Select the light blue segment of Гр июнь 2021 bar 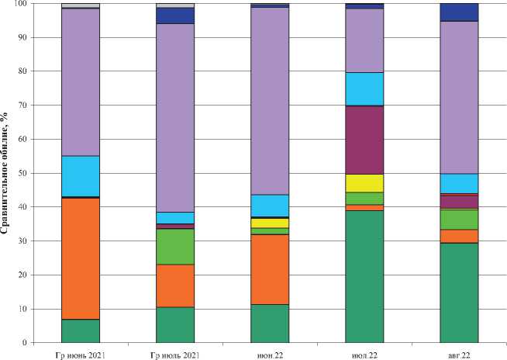(81, 176)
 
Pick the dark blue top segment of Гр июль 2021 (175, 16)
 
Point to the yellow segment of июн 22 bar (270, 223)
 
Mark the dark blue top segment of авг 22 (459, 12)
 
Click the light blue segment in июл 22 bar (364, 88)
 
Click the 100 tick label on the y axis (22, 4)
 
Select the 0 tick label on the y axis (26, 343)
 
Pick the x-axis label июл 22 (364, 355)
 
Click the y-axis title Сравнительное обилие (7, 172)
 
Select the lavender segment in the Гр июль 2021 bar (175, 116)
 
